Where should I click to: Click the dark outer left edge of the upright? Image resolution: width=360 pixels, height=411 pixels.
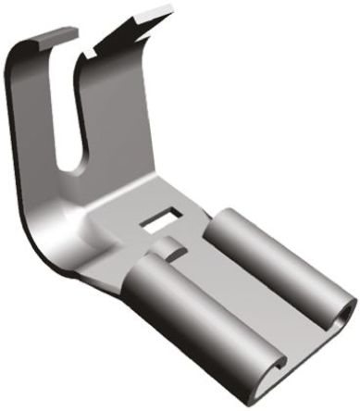20,139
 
